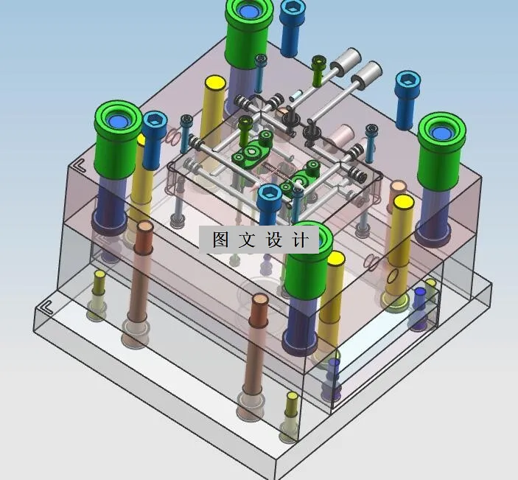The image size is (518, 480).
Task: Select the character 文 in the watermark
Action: point(247,240)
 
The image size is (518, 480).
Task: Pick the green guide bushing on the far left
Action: point(118,122)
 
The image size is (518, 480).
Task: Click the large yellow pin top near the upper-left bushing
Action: point(214,83)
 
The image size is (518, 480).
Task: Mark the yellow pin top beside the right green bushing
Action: point(402,201)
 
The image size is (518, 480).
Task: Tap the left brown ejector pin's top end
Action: point(144,228)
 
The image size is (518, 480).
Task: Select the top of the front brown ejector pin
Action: point(259,302)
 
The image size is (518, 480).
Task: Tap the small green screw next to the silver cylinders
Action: point(318,62)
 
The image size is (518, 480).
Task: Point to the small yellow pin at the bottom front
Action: point(292,398)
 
